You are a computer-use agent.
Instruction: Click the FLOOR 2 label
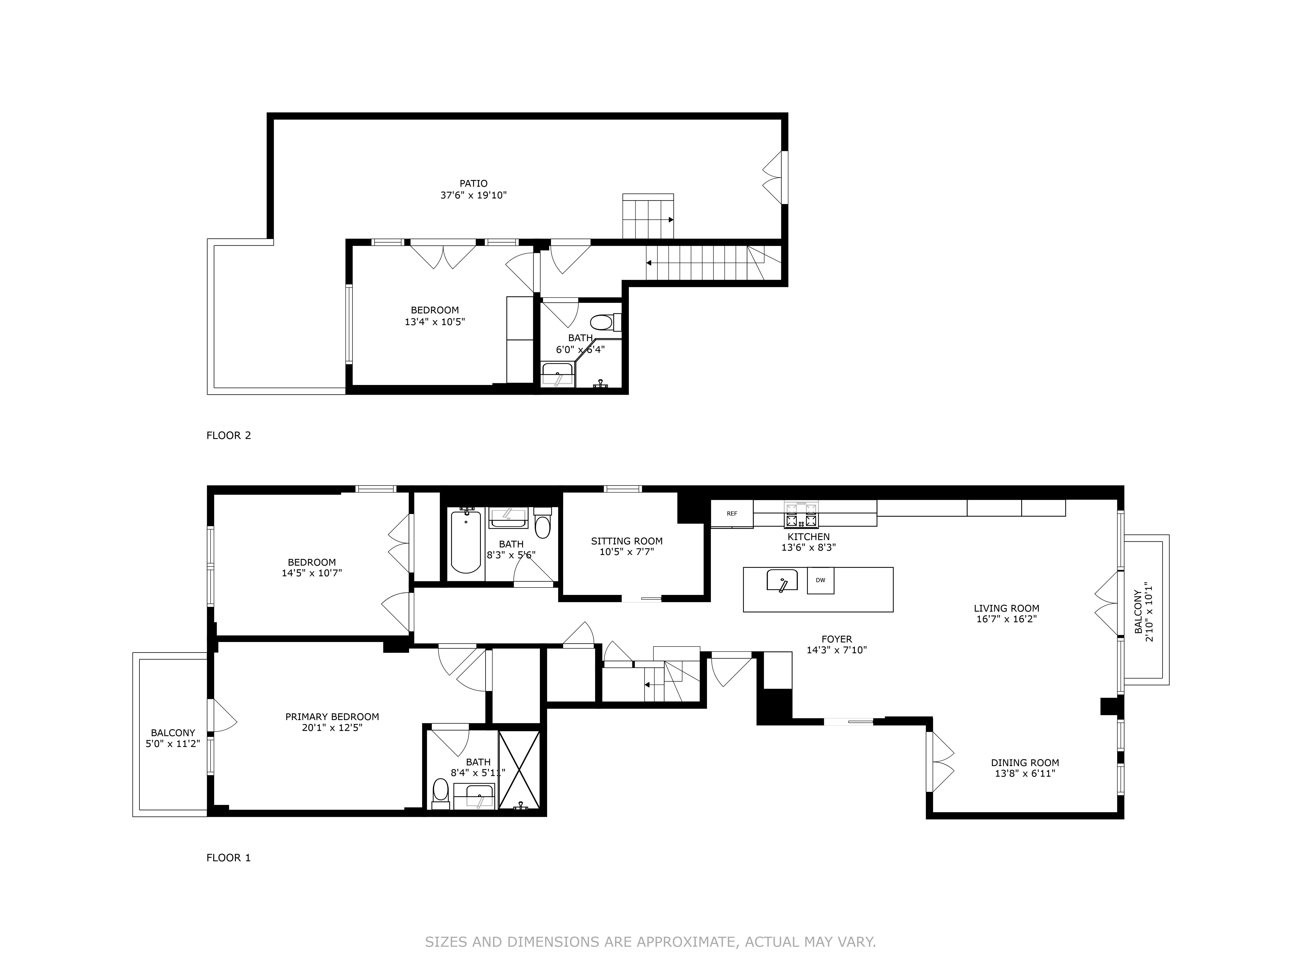click(x=228, y=435)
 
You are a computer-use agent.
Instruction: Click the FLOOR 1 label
click(x=228, y=858)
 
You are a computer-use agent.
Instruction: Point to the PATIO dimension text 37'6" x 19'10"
click(x=473, y=195)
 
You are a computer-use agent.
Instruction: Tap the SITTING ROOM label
click(x=627, y=541)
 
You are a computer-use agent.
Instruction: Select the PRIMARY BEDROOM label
click(x=332, y=717)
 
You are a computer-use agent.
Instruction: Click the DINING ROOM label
click(x=1025, y=762)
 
